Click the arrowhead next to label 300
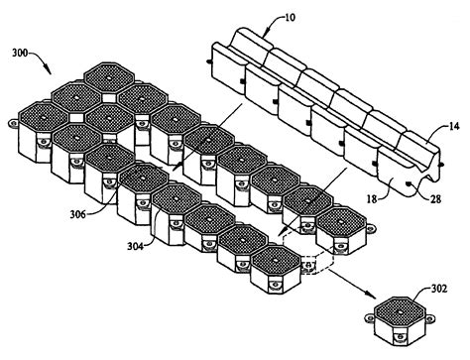pyautogui.click(x=50, y=74)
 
